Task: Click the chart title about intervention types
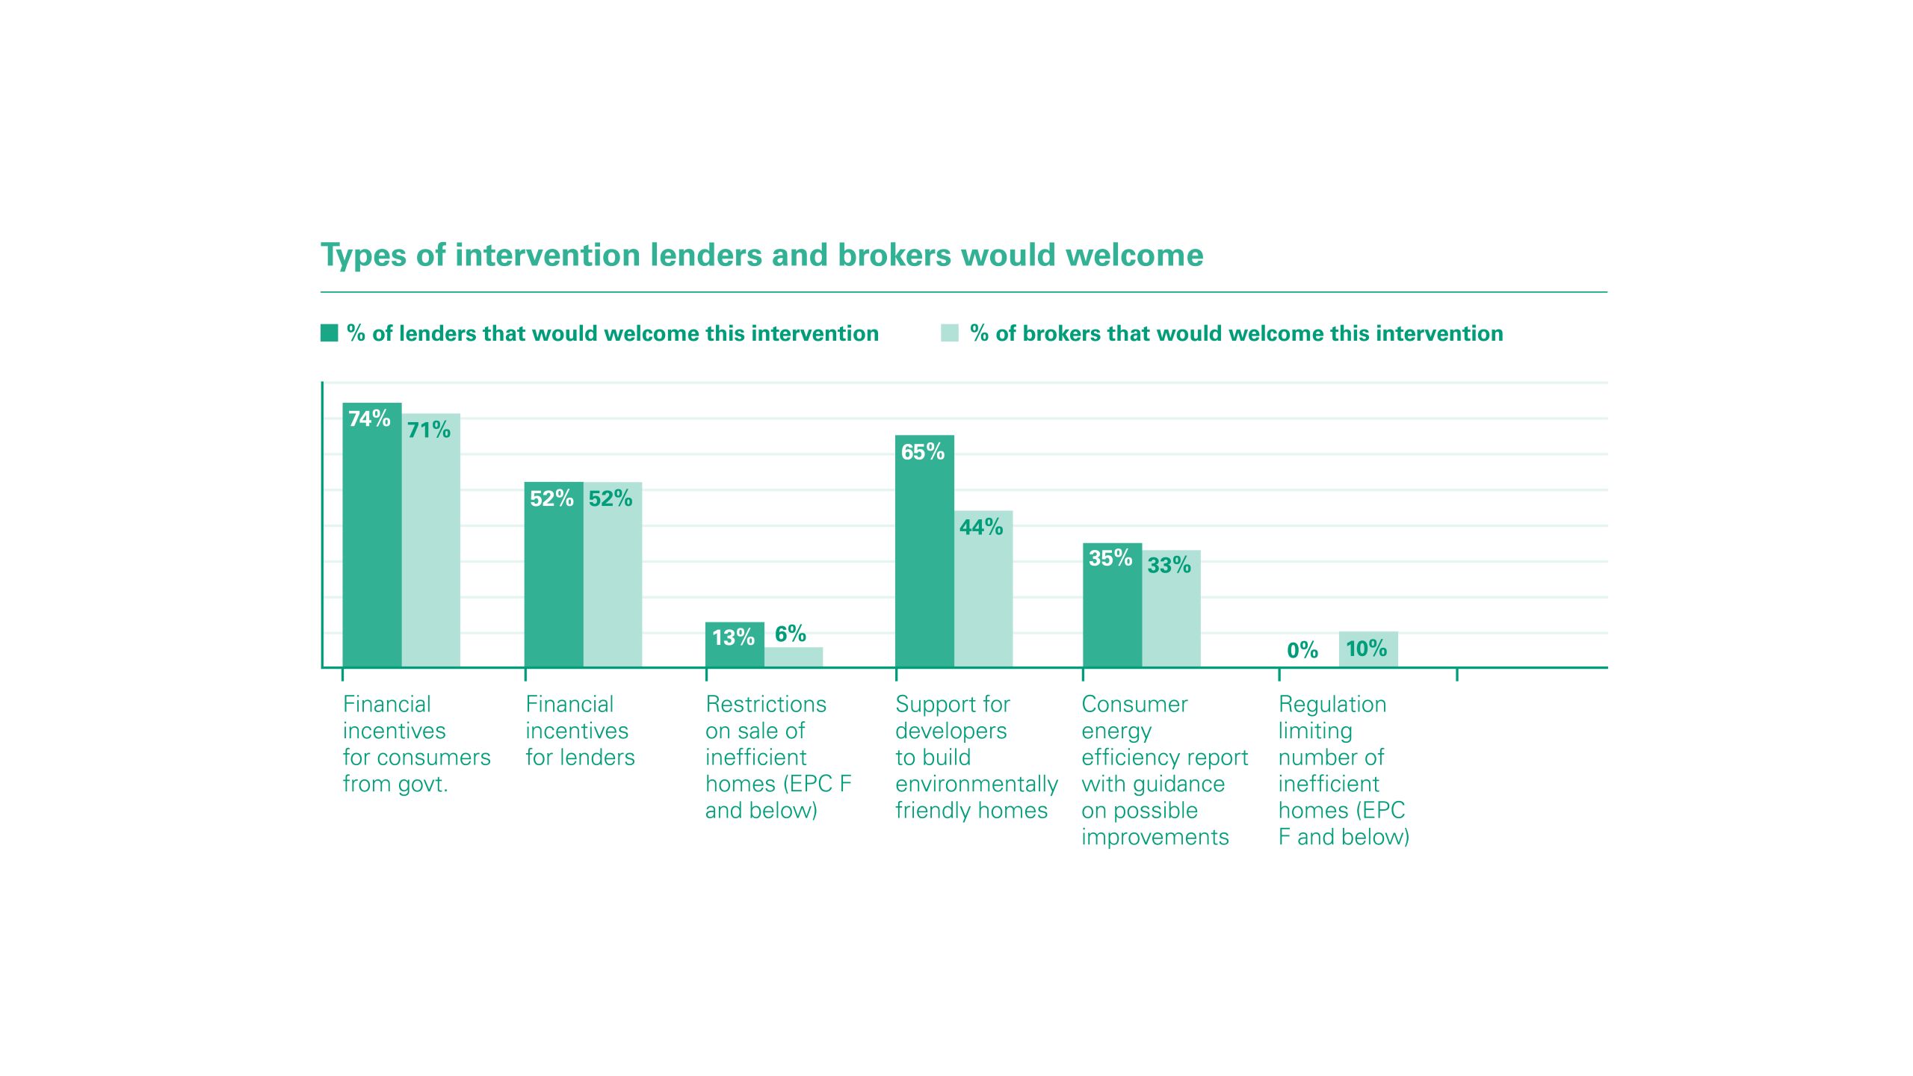(761, 255)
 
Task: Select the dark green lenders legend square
(329, 333)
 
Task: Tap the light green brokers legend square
(949, 333)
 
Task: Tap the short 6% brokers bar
(794, 658)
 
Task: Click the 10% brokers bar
(1368, 650)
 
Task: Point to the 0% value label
(1302, 650)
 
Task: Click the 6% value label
(791, 634)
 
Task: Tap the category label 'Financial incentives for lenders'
(580, 730)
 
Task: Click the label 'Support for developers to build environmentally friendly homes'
(976, 757)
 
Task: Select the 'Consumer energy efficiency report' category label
(1164, 770)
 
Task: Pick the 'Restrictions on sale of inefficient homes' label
(778, 757)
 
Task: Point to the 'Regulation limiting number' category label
(1344, 770)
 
